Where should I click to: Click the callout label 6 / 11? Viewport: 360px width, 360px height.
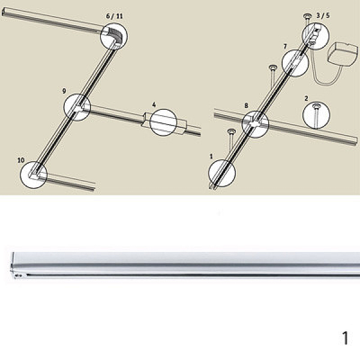tap(115, 16)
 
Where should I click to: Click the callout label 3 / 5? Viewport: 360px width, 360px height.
tap(323, 16)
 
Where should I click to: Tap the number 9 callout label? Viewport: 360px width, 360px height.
tap(64, 91)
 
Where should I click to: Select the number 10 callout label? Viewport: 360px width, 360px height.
tap(21, 160)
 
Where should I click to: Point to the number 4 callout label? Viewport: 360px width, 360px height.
tap(154, 105)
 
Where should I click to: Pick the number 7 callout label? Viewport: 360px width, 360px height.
tap(285, 47)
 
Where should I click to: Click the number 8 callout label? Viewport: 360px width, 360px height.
tap(246, 106)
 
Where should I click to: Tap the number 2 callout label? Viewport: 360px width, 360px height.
tap(306, 98)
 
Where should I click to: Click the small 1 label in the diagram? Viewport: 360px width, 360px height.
tap(211, 157)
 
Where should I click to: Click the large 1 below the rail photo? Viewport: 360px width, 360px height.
tap(345, 338)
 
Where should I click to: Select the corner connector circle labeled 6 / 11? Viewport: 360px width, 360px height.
tap(114, 37)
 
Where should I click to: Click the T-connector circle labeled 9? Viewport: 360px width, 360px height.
tap(77, 107)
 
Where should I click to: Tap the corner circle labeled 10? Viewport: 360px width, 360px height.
tap(34, 175)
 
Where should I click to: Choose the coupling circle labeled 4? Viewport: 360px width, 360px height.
tap(163, 122)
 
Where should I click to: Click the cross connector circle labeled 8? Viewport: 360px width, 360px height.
tap(256, 124)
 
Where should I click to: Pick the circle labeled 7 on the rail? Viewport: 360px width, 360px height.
tap(295, 63)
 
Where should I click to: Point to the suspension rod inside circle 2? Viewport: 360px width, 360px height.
tap(316, 115)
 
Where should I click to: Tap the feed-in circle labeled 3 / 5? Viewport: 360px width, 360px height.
tap(316, 36)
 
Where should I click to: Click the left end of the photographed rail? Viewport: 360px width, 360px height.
tap(13, 265)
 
